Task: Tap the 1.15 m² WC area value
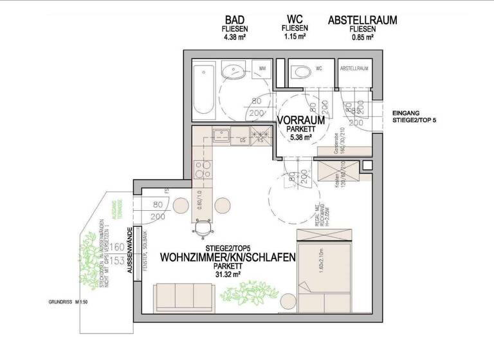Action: tap(295, 37)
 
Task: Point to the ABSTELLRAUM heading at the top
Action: tap(362, 21)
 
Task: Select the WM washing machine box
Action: tap(262, 67)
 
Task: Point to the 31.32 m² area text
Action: tap(228, 276)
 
